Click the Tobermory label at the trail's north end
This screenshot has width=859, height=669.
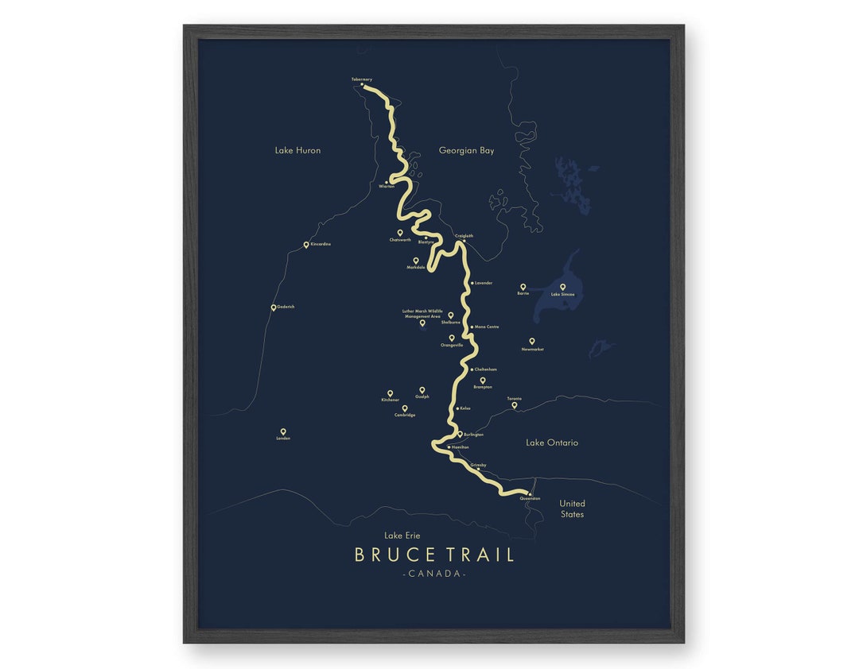click(361, 79)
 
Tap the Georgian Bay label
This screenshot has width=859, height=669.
click(466, 150)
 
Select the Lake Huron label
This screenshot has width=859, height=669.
click(297, 150)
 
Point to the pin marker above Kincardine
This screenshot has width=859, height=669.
click(306, 245)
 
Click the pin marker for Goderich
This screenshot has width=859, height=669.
click(274, 307)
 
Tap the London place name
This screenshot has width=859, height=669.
click(283, 439)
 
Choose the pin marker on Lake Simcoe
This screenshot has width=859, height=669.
click(562, 287)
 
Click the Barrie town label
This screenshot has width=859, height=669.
click(523, 293)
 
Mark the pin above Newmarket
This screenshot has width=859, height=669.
click(532, 341)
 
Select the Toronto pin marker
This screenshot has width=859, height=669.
click(514, 404)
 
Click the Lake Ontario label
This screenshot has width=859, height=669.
click(552, 443)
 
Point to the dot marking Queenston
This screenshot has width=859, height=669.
click(529, 493)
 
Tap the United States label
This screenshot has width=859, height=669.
click(572, 509)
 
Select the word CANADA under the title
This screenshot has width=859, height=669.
click(434, 574)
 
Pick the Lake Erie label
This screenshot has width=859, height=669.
click(402, 536)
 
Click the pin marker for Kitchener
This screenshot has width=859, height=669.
click(390, 393)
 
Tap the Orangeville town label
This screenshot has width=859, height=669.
click(452, 346)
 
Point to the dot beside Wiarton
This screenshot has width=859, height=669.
click(386, 182)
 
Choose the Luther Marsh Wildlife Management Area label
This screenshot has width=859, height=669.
click(422, 313)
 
